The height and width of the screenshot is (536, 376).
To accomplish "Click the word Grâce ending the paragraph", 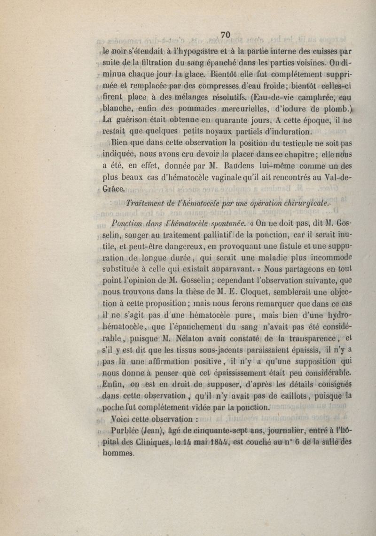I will pyautogui.click(x=113, y=189).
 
